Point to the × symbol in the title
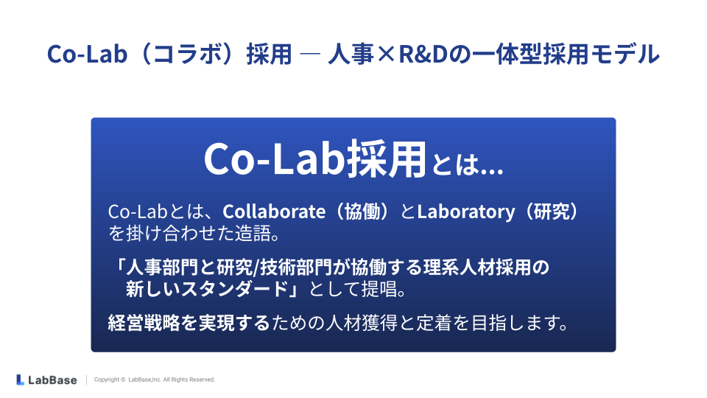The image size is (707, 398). click(x=386, y=55)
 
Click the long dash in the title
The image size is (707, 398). click(x=310, y=54)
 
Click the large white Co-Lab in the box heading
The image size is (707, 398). click(x=274, y=159)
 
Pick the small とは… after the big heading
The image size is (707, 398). click(x=467, y=164)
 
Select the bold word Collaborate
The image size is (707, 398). click(x=274, y=212)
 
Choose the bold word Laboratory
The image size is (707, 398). click(x=465, y=212)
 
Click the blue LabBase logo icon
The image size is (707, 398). click(x=20, y=380)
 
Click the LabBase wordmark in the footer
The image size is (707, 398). click(x=52, y=380)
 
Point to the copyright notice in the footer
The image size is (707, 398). click(x=155, y=380)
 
